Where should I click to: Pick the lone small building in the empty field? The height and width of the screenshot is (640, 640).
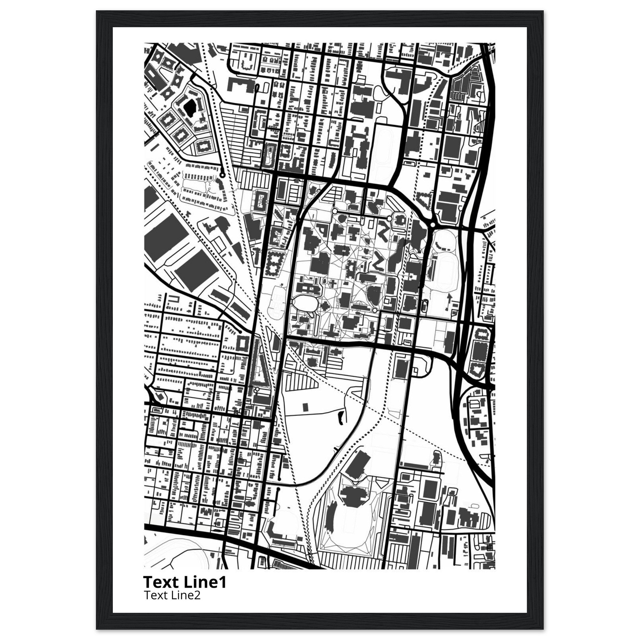tap(305, 407)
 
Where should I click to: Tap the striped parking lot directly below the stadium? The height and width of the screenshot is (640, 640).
tap(351, 560)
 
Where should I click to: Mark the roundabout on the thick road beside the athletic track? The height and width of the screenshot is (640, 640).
tap(432, 225)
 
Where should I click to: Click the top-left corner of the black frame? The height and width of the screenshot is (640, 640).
tap(97, 11)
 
